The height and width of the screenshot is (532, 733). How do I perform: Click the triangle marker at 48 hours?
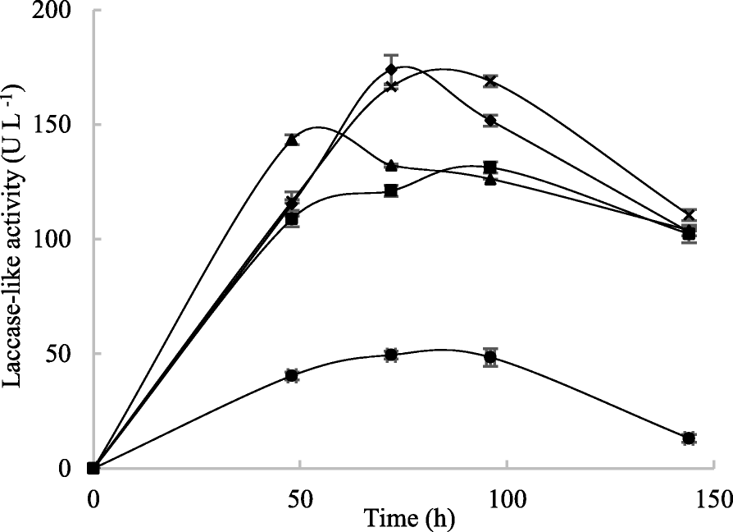pos(292,140)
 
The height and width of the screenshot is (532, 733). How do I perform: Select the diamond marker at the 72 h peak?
pos(391,69)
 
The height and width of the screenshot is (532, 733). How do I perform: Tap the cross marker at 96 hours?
pos(490,81)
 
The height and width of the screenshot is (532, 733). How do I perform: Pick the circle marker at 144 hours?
pos(689,438)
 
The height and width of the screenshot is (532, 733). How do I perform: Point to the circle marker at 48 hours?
pos(292,375)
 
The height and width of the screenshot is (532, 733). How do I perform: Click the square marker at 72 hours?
pos(391,190)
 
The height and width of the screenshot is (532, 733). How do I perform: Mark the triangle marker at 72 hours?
pos(391,165)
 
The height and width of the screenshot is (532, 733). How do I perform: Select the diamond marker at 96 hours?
pos(490,120)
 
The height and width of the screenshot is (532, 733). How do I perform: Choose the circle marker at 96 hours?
pos(490,357)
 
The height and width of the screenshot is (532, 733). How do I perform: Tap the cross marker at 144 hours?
pos(689,215)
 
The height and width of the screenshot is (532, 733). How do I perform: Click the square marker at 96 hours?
pos(490,167)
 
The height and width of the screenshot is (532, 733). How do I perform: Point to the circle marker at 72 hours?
pos(391,355)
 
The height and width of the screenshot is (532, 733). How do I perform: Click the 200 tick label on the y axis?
pos(65,11)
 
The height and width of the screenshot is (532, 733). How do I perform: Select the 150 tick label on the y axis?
pos(65,125)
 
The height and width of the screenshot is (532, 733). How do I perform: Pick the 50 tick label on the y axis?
pos(70,354)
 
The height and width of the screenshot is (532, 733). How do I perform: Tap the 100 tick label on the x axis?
pos(506,498)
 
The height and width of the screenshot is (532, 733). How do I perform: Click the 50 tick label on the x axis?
pos(300,498)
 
